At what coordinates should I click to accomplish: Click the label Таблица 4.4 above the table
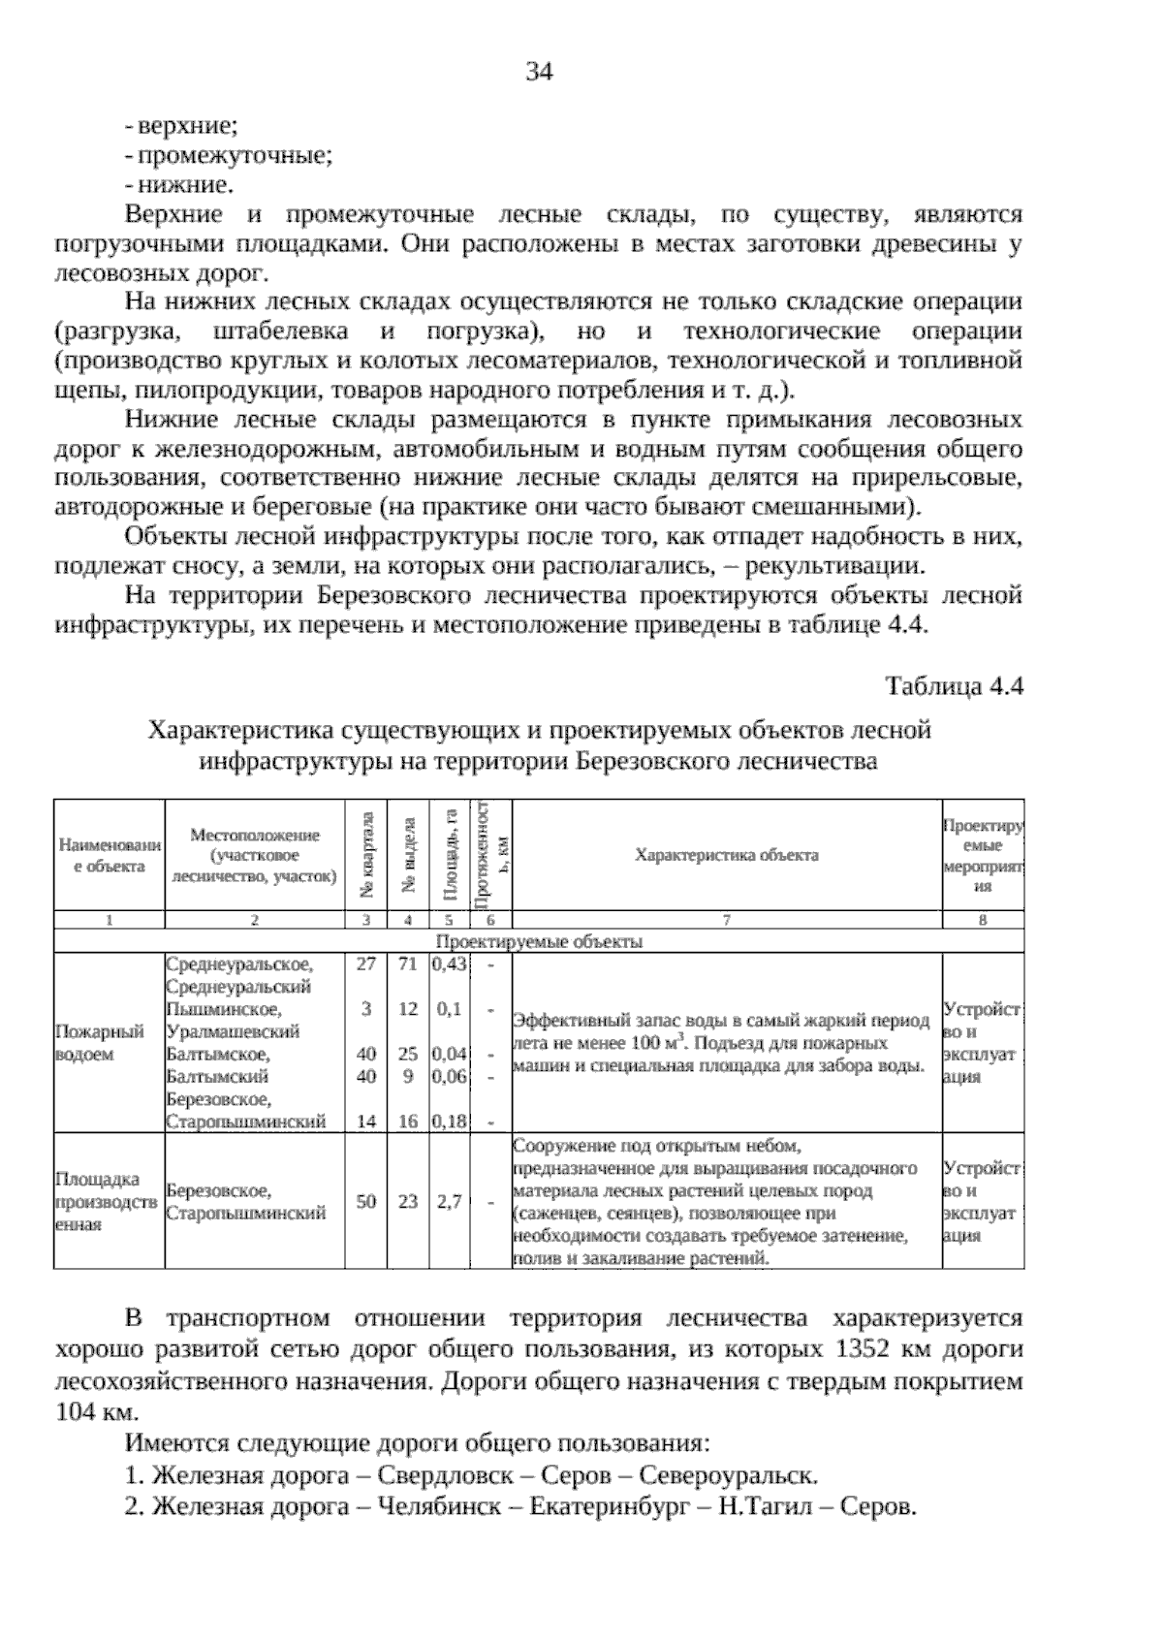pos(955,686)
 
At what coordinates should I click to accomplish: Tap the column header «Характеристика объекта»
pos(726,855)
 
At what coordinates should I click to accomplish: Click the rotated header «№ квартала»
pos(366,854)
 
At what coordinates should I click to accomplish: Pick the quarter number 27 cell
pos(366,964)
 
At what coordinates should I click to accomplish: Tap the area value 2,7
pos(449,1201)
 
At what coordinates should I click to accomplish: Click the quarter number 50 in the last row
pos(366,1201)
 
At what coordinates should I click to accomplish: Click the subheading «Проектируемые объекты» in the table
pos(539,941)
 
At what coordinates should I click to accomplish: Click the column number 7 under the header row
pos(726,921)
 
